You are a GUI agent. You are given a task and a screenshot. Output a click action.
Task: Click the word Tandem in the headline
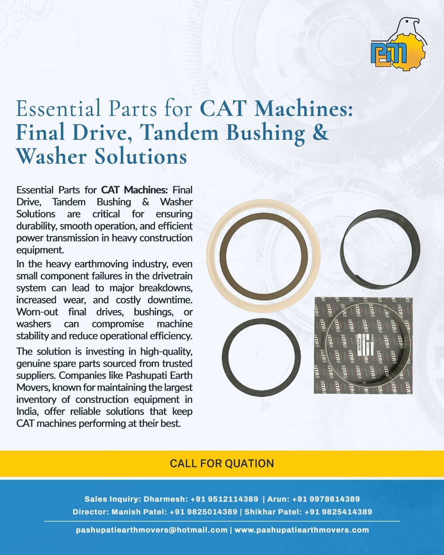pos(180,132)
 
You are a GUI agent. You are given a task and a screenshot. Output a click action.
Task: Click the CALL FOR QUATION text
pos(222,463)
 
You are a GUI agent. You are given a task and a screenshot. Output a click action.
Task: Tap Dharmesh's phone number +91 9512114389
pos(224,499)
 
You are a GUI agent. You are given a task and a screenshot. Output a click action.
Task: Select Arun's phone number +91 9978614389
pos(326,499)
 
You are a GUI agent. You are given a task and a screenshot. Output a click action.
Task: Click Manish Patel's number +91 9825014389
pos(203,512)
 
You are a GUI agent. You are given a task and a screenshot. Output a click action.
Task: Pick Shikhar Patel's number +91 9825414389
pos(338,512)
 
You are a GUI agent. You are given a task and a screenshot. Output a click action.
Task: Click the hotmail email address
pos(152,530)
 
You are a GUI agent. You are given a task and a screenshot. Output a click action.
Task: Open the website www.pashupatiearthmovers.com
pos(302,530)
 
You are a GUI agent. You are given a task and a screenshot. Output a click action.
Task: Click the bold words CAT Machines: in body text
pos(134,190)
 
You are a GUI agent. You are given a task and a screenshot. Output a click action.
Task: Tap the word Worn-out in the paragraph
pos(37,312)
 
